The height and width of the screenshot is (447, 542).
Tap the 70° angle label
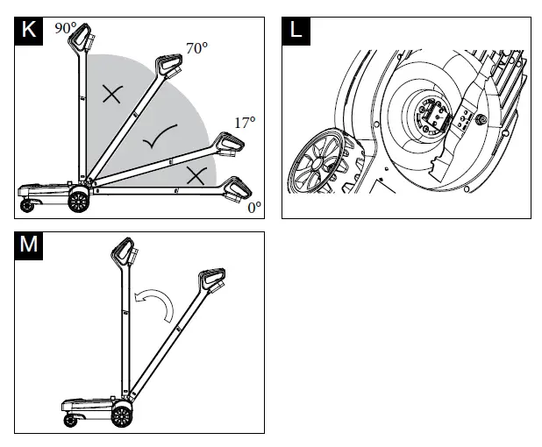[x=196, y=48]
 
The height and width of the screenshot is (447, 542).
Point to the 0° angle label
[x=253, y=208]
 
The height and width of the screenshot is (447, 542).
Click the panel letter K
[x=28, y=29]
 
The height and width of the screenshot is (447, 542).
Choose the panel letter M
[x=28, y=243]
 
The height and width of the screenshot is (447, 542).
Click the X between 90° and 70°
[x=111, y=95]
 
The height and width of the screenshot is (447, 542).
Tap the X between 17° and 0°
[x=195, y=175]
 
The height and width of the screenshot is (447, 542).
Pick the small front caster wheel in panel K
[x=26, y=207]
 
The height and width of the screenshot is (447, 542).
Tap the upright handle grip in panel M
[x=124, y=253]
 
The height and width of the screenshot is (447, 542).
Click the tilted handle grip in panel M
[x=211, y=280]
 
